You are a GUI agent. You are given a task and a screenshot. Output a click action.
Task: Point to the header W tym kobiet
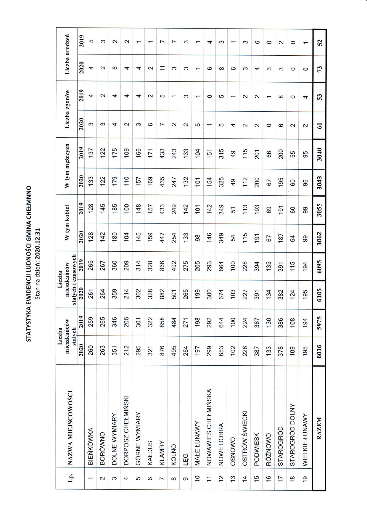67,223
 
